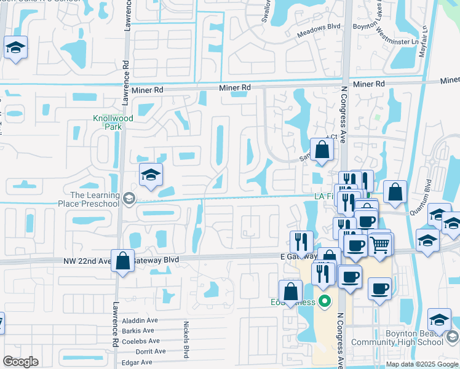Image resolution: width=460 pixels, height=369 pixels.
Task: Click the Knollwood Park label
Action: click(x=108, y=122)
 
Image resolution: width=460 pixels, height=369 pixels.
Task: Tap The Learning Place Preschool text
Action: click(x=89, y=199)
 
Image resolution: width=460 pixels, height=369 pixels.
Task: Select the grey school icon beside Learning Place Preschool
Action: click(x=129, y=197)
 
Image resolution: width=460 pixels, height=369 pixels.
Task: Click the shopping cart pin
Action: click(x=381, y=245)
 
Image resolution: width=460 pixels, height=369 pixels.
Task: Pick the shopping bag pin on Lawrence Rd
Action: click(x=123, y=261)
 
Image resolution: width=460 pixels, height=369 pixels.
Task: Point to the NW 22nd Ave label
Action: click(x=86, y=260)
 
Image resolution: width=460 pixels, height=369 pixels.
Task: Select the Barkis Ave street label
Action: click(x=138, y=331)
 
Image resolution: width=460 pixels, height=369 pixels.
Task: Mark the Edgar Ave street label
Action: click(x=137, y=362)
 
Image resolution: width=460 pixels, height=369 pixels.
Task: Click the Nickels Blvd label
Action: click(x=186, y=339)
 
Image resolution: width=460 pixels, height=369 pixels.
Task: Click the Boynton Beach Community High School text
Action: click(x=397, y=338)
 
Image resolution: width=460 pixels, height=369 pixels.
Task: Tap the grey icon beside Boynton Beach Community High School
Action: click(x=453, y=337)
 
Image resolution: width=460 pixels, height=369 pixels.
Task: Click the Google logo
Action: click(x=20, y=361)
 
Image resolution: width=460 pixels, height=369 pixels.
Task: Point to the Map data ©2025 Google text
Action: click(x=421, y=364)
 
